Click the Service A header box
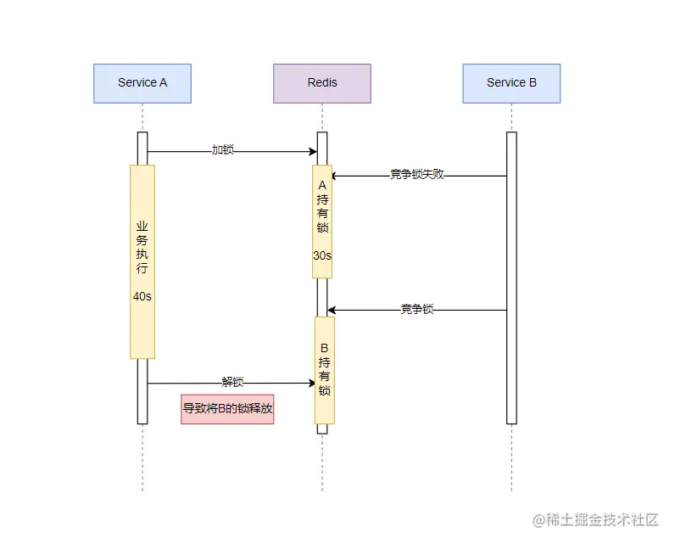(x=142, y=83)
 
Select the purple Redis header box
(x=322, y=83)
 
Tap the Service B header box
(x=511, y=83)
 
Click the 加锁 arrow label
(x=222, y=150)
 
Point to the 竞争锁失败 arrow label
(x=416, y=175)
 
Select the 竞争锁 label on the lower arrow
(x=416, y=310)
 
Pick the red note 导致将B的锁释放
(x=227, y=408)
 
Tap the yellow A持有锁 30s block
(x=322, y=221)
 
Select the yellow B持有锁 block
(x=325, y=370)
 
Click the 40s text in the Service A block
(x=142, y=297)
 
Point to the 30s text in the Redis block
(x=322, y=255)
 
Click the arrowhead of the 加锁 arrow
(x=313, y=152)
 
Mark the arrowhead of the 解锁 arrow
(x=312, y=383)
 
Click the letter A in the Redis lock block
(x=322, y=185)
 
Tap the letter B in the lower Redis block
(x=325, y=348)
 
